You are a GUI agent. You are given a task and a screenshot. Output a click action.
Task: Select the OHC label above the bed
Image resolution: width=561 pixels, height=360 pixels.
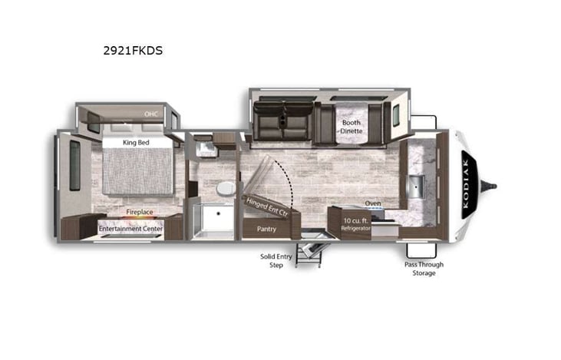[x=151, y=114]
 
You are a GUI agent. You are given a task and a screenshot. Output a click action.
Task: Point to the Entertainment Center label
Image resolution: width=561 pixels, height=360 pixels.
[x=130, y=228]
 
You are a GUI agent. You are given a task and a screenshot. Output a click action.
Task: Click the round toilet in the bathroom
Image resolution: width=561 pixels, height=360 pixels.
[x=225, y=188]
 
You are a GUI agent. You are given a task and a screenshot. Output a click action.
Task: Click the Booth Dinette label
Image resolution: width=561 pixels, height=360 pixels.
[x=351, y=126]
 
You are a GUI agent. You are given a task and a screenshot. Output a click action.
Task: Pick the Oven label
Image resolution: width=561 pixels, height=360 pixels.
[x=372, y=203]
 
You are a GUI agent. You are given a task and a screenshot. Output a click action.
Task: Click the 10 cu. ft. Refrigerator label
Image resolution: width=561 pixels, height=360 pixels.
[x=355, y=224]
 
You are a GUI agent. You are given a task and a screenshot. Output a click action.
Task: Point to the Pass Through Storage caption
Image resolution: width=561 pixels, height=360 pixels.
[x=424, y=268]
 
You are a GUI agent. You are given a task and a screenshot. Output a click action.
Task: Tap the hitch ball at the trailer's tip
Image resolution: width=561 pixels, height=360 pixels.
[x=493, y=185]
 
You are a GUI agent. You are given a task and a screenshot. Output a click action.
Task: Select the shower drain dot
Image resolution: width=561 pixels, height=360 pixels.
[x=218, y=213]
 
